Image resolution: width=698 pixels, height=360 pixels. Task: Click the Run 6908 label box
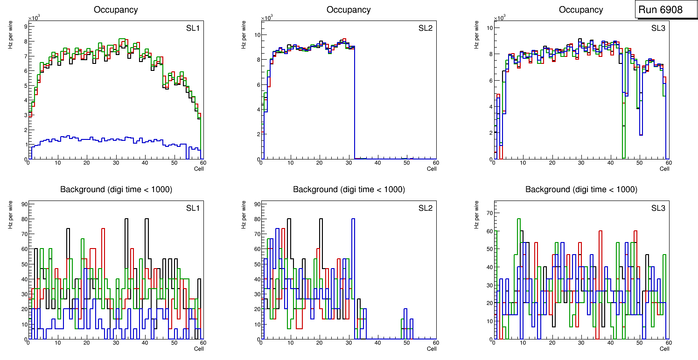coord(664,10)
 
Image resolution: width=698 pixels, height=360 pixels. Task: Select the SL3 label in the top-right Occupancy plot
coord(658,28)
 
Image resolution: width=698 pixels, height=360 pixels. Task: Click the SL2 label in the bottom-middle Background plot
coord(426,208)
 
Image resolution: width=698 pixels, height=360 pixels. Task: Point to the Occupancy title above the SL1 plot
coord(116,10)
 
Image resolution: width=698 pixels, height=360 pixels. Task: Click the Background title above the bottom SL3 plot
coord(581,189)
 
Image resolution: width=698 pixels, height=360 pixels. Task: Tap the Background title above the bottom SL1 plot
coord(116,189)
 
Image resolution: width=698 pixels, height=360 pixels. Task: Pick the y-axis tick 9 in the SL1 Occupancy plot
coord(26,27)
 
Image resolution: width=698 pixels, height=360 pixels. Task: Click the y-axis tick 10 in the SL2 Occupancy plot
coord(257,35)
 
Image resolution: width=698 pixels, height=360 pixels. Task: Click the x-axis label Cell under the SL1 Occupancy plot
coord(199,168)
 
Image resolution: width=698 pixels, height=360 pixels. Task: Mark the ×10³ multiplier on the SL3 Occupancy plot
coord(499,18)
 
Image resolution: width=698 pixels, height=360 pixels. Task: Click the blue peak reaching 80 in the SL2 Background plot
coord(353,219)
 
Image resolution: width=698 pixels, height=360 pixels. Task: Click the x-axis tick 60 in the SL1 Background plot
coord(203,343)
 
